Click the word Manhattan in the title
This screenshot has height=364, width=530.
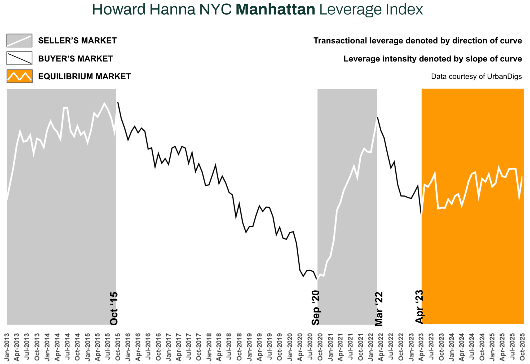[x=275, y=10]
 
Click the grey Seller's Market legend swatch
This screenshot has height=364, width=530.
[x=19, y=40]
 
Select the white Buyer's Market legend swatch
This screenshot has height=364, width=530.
[x=19, y=58]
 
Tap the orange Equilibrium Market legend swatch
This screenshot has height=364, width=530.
[x=19, y=76]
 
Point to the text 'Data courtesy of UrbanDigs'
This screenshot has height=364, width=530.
[x=476, y=77]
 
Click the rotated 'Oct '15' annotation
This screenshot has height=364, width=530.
[x=114, y=309]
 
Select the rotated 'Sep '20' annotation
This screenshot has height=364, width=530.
[x=316, y=308]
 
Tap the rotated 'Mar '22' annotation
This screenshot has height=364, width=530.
[x=379, y=309]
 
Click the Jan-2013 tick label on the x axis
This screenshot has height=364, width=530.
[x=7, y=347]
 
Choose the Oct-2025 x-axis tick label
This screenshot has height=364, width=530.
[x=522, y=347]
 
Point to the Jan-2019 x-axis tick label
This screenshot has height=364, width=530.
[x=249, y=347]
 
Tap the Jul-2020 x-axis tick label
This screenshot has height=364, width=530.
[x=310, y=347]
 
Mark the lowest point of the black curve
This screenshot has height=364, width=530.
[x=317, y=279]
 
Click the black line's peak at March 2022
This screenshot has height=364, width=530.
[x=377, y=117]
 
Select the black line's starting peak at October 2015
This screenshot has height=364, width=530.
[x=118, y=103]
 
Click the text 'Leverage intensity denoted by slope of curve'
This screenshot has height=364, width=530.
[x=432, y=59]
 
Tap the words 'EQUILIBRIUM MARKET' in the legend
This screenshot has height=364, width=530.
[x=85, y=77]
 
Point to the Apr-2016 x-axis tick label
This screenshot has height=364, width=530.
[x=138, y=347]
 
